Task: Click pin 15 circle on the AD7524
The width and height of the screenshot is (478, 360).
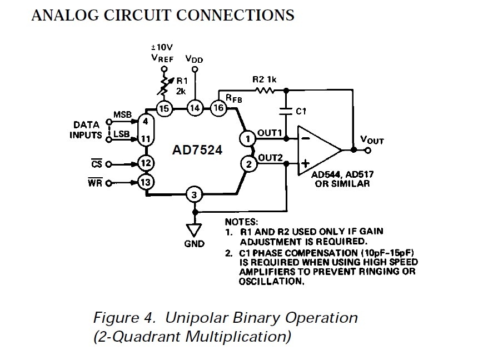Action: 165,108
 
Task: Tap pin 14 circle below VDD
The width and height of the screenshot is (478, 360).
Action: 195,108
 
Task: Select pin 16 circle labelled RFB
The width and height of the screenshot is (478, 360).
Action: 218,108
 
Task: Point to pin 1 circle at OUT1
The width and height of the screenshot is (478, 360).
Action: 247,139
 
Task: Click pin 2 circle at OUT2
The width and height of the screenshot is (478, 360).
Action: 249,164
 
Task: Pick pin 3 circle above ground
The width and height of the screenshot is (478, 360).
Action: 194,195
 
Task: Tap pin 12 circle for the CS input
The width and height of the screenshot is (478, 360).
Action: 146,163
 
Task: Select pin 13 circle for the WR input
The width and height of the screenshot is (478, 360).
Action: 146,182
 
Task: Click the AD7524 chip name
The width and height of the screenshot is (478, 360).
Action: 197,150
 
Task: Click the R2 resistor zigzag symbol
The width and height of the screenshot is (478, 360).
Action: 265,90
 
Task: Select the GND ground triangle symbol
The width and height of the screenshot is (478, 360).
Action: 194,230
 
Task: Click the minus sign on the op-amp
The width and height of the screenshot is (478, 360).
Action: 306,139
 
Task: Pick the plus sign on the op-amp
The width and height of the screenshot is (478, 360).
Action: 305,164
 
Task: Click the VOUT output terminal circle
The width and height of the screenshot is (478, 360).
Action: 368,151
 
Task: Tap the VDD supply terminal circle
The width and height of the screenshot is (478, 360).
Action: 195,69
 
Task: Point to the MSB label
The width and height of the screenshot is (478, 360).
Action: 122,114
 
